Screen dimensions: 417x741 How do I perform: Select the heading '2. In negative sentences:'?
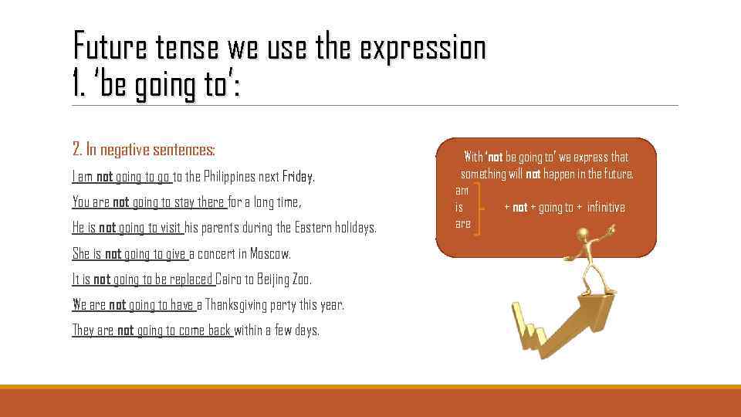point(144,149)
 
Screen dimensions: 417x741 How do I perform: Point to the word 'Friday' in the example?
point(297,177)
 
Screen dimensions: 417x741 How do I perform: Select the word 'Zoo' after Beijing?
point(300,280)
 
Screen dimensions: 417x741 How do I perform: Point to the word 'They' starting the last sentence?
point(83,331)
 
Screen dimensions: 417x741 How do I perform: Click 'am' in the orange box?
point(462,190)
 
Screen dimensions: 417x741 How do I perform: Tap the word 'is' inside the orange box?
point(459,207)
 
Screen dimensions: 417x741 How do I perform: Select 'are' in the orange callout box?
point(462,224)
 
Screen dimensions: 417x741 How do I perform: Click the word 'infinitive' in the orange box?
point(606,207)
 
